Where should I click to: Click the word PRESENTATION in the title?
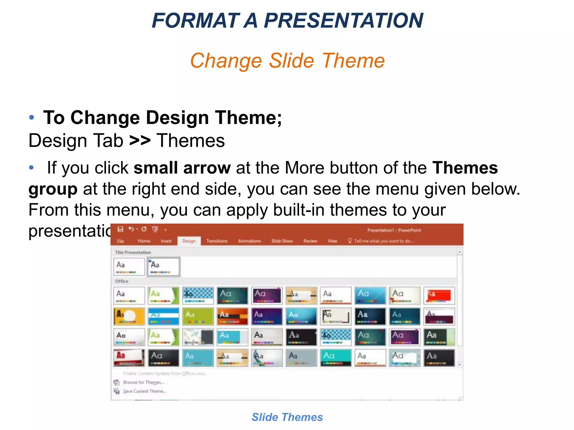pyautogui.click(x=343, y=21)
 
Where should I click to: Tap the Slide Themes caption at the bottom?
pyautogui.click(x=287, y=417)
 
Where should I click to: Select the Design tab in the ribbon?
pyautogui.click(x=189, y=241)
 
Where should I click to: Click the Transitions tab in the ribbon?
pyautogui.click(x=217, y=241)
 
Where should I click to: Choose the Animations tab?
pyautogui.click(x=249, y=241)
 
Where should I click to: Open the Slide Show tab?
pyautogui.click(x=282, y=241)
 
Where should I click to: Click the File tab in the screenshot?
pyautogui.click(x=121, y=241)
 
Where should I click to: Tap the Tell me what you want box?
pyautogui.click(x=383, y=241)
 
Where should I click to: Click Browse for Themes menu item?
pyautogui.click(x=144, y=382)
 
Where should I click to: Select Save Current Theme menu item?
pyautogui.click(x=144, y=391)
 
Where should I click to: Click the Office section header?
pyautogui.click(x=122, y=281)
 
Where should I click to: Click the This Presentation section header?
pyautogui.click(x=133, y=253)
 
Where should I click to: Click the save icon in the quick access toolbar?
pyautogui.click(x=120, y=230)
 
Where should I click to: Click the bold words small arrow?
pyautogui.click(x=182, y=168)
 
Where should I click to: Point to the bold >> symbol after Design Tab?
pyautogui.click(x=140, y=141)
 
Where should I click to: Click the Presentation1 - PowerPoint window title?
pyautogui.click(x=394, y=230)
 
